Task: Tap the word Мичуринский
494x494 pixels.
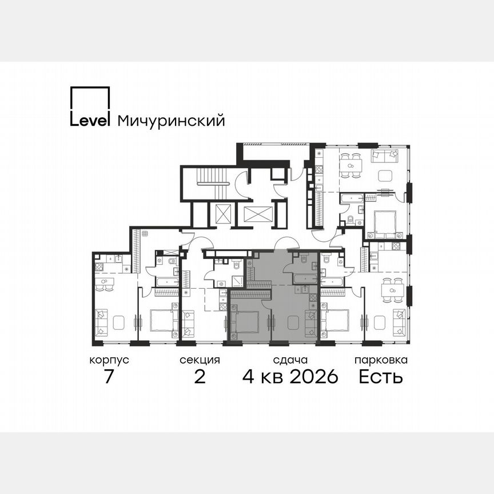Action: [x=170, y=121]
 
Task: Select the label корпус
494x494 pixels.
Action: [x=109, y=360]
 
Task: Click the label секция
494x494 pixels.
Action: [x=200, y=360]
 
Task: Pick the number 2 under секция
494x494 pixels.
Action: [x=200, y=377]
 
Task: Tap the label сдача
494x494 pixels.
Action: [x=290, y=360]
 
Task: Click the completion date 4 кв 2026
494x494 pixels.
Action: [x=290, y=377]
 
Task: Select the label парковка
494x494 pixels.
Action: [x=381, y=360]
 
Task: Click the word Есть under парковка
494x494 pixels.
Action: [x=381, y=377]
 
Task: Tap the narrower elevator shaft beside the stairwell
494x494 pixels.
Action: [x=224, y=214]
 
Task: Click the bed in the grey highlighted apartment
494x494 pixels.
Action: [x=247, y=321]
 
